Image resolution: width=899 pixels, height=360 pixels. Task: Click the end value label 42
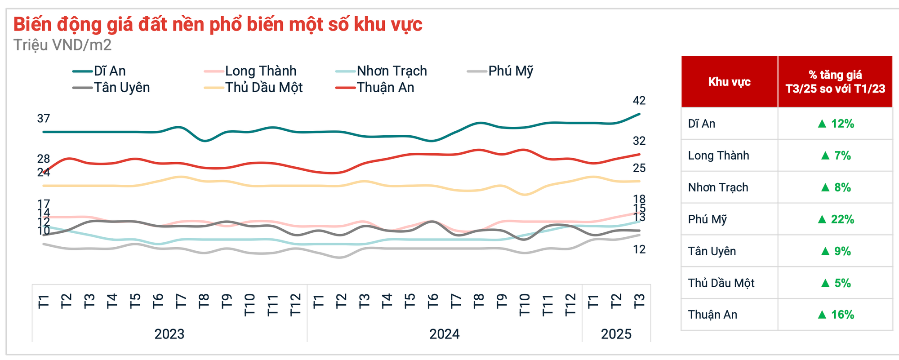coord(639,101)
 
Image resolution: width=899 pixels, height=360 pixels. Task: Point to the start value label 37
coord(44,119)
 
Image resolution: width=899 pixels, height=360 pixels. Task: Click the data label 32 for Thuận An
coord(639,141)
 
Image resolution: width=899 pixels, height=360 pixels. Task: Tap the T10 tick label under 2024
coord(525,305)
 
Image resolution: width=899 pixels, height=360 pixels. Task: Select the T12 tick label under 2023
coord(295,305)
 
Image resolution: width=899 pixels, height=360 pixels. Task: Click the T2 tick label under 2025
coord(616,301)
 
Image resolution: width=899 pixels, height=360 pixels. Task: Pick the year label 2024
coord(444,334)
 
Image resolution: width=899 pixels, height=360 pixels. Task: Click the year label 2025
coord(616,334)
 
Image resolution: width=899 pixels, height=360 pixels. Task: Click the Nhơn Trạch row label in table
coord(718,187)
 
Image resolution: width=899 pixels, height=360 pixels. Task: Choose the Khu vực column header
coord(729,82)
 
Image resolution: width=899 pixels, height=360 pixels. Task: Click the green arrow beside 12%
coord(822,124)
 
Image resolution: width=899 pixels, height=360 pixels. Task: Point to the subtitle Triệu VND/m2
coord(62,45)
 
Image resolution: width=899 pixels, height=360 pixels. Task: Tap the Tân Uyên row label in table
coord(712,251)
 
